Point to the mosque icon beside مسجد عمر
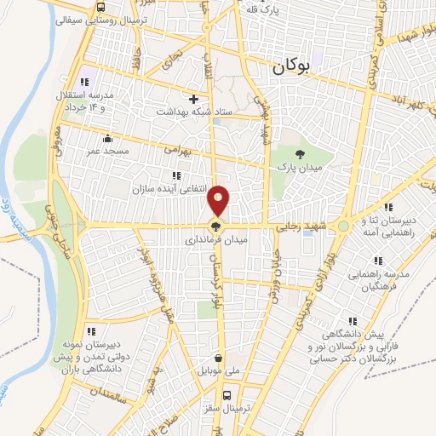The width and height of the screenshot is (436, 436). pos(106,139)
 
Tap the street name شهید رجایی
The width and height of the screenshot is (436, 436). pos(301,227)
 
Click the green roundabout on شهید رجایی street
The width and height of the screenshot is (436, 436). pos(342,227)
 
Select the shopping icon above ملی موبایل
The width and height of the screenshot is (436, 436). pos(220,359)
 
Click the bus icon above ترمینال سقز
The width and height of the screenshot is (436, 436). pos(227,395)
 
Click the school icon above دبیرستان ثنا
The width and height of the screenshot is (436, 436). pos(388,207)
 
